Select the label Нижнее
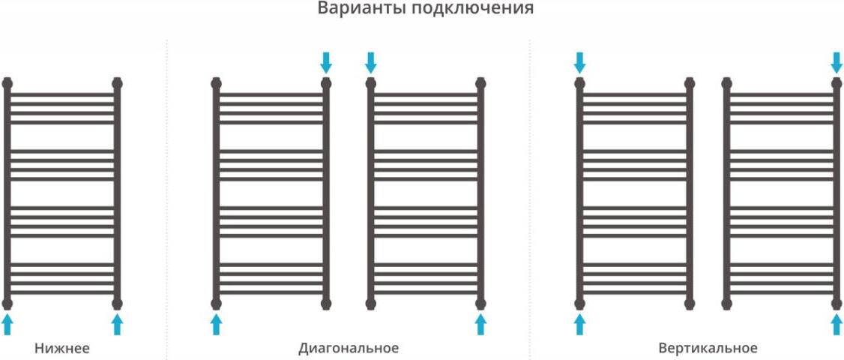[x=62, y=347]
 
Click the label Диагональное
[x=349, y=348]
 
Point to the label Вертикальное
[x=708, y=348]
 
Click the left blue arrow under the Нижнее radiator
[x=7, y=325]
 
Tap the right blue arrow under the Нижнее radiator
[x=118, y=325]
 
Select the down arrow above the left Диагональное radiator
[x=326, y=63]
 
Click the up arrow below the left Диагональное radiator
[x=216, y=325]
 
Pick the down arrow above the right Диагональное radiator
[x=370, y=63]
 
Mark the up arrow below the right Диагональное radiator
[x=480, y=325]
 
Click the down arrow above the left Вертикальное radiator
[x=579, y=63]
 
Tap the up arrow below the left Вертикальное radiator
[x=579, y=325]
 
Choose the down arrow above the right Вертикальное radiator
[x=837, y=63]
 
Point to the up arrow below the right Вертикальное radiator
[x=837, y=325]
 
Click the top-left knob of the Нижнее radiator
[x=7, y=83]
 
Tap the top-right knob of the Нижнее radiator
[x=118, y=83]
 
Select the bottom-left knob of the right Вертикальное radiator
[x=726, y=304]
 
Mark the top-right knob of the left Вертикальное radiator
[x=690, y=83]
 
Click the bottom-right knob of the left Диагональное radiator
[x=326, y=304]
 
